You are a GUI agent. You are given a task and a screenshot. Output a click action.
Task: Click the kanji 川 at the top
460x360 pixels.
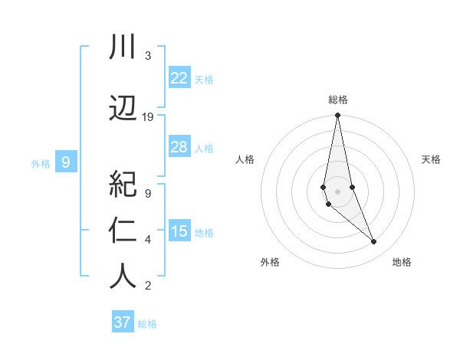[x=123, y=47]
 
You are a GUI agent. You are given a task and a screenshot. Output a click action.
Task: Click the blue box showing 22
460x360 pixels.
[x=179, y=78]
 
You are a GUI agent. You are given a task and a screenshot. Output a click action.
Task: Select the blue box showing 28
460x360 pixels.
[x=179, y=147]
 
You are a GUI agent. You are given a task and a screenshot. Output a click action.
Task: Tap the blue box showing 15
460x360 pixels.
[x=179, y=231]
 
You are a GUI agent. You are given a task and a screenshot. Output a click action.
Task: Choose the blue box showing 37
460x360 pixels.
[x=123, y=322]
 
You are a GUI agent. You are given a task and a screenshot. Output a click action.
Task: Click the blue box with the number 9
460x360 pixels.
[x=66, y=162]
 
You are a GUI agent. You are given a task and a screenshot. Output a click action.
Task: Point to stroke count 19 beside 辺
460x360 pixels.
[x=148, y=117]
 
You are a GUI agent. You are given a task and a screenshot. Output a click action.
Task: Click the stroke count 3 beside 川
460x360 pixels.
[x=148, y=56]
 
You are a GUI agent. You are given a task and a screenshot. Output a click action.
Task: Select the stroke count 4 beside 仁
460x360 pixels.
[x=148, y=240]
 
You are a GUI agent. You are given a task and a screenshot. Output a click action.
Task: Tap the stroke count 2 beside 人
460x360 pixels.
[x=148, y=286]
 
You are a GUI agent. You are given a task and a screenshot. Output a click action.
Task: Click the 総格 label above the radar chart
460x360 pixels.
[x=338, y=100]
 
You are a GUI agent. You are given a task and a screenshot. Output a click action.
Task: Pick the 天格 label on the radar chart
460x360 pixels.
[x=432, y=159]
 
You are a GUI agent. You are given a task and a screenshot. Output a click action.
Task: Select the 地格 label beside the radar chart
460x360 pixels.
[x=402, y=262]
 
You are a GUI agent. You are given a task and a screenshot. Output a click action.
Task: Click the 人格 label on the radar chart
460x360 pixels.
[x=245, y=159]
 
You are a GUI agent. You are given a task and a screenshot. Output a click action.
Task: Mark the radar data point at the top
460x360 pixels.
[x=337, y=116]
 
